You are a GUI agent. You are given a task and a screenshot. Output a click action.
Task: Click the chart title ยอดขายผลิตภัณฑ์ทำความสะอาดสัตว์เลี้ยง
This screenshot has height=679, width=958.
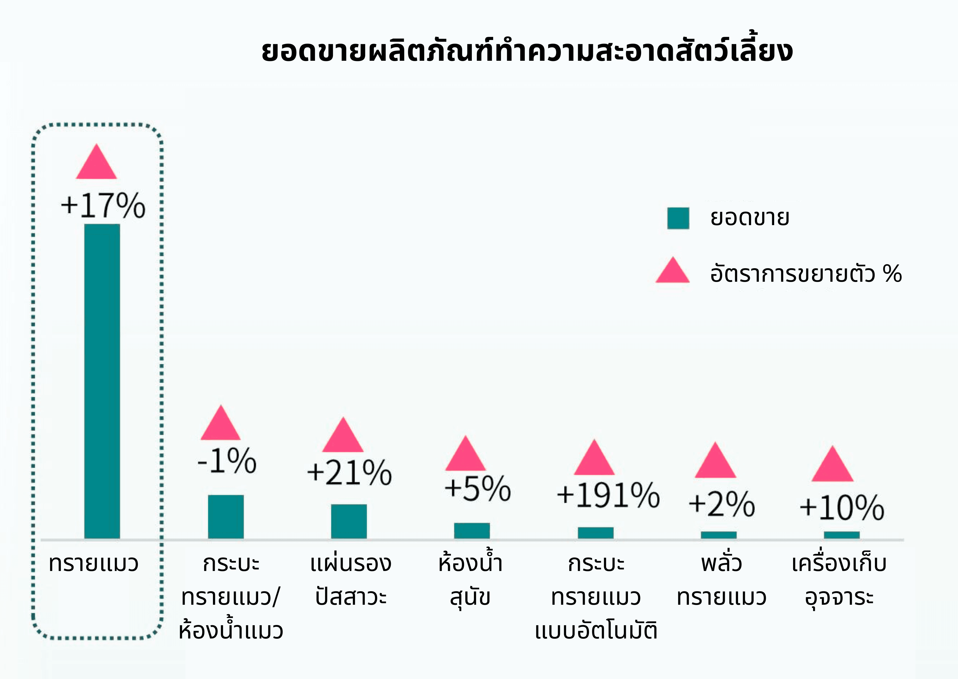point(527,51)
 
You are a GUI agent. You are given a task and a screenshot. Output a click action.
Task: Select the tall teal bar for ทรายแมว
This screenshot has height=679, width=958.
point(102,380)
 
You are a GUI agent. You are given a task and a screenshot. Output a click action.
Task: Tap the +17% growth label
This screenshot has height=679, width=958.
point(103,205)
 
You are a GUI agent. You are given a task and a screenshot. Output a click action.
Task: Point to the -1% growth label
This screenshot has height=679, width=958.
point(227,461)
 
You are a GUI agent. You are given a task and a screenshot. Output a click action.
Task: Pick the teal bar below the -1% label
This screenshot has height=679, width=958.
point(226,517)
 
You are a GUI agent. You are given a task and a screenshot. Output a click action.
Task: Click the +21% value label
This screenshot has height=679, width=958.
point(349,473)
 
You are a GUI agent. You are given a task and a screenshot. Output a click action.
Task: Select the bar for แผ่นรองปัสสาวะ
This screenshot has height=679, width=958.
point(349,521)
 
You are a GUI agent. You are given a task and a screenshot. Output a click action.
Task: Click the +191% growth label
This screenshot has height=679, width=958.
point(608,495)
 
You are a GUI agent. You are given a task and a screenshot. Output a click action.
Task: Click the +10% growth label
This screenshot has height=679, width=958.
point(842,508)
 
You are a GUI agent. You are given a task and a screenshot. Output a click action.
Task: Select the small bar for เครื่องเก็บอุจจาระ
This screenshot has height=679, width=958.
point(842,535)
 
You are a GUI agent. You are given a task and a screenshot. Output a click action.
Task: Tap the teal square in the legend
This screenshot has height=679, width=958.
point(678,218)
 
